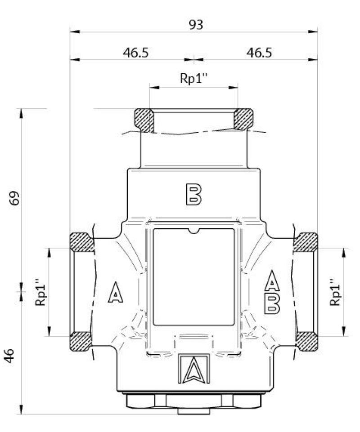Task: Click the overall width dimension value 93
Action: coord(195,25)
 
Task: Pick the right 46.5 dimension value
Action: coord(259,53)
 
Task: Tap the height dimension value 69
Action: coord(15,198)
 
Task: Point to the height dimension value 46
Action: coord(15,357)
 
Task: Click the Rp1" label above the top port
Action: coord(193,79)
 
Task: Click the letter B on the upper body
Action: coord(193,194)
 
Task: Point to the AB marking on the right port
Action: coord(272,292)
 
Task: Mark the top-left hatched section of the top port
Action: coord(145,120)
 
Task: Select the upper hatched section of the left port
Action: coord(81,242)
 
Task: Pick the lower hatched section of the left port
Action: coord(80,341)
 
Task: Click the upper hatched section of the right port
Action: coord(306,242)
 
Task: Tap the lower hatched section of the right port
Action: coord(306,341)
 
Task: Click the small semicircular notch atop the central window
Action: coord(194,231)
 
